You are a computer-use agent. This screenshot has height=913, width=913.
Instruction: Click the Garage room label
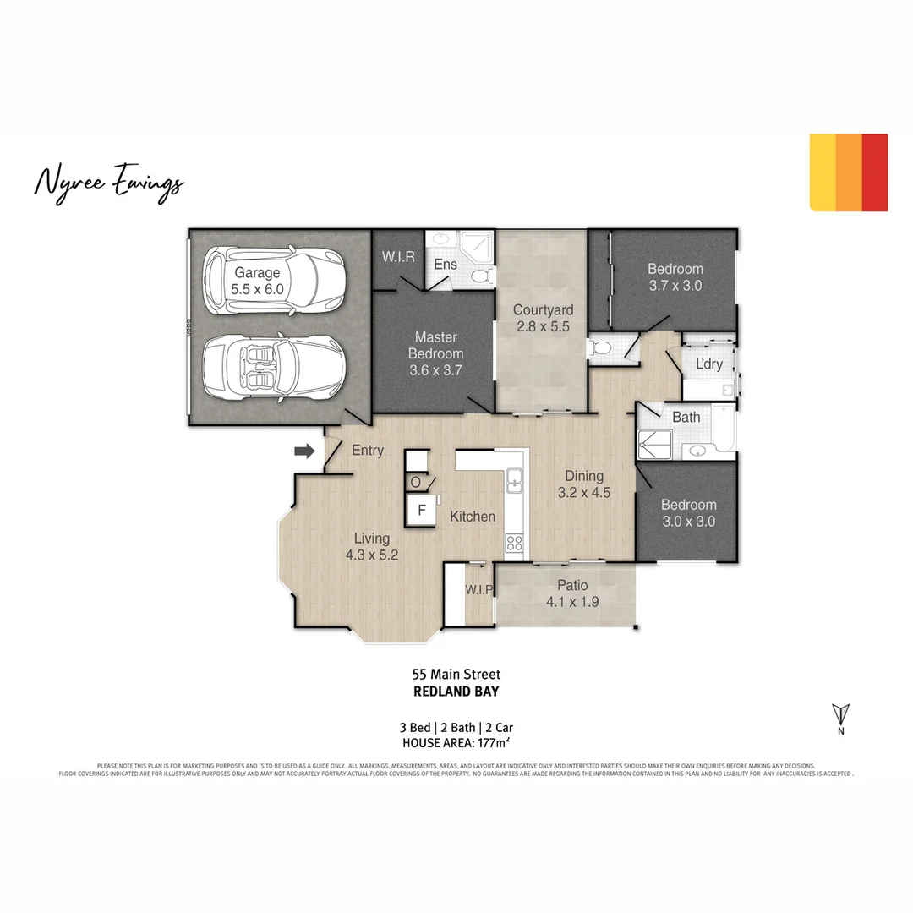258,281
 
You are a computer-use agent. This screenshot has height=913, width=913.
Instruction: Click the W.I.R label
398,257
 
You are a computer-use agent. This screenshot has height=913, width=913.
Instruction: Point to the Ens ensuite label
446,265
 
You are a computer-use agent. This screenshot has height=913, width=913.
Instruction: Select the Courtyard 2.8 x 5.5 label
543,318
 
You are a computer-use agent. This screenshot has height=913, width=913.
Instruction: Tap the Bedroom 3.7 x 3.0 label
675,277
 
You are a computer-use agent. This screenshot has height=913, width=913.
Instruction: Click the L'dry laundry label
708,364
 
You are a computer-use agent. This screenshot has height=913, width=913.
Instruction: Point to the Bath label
686,417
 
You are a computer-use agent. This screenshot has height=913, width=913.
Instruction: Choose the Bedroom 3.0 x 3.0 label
687,513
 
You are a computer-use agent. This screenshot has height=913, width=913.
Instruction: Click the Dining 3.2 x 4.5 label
583,484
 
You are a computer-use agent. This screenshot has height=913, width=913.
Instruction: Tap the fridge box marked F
420,511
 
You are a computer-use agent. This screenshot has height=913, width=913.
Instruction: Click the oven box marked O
416,482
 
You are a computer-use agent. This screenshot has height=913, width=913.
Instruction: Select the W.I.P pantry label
478,589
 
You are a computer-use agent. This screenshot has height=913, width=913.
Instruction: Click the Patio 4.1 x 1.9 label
572,593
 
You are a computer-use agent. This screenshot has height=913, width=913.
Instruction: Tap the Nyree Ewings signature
108,183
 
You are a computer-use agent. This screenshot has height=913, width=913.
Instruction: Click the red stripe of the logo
875,172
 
